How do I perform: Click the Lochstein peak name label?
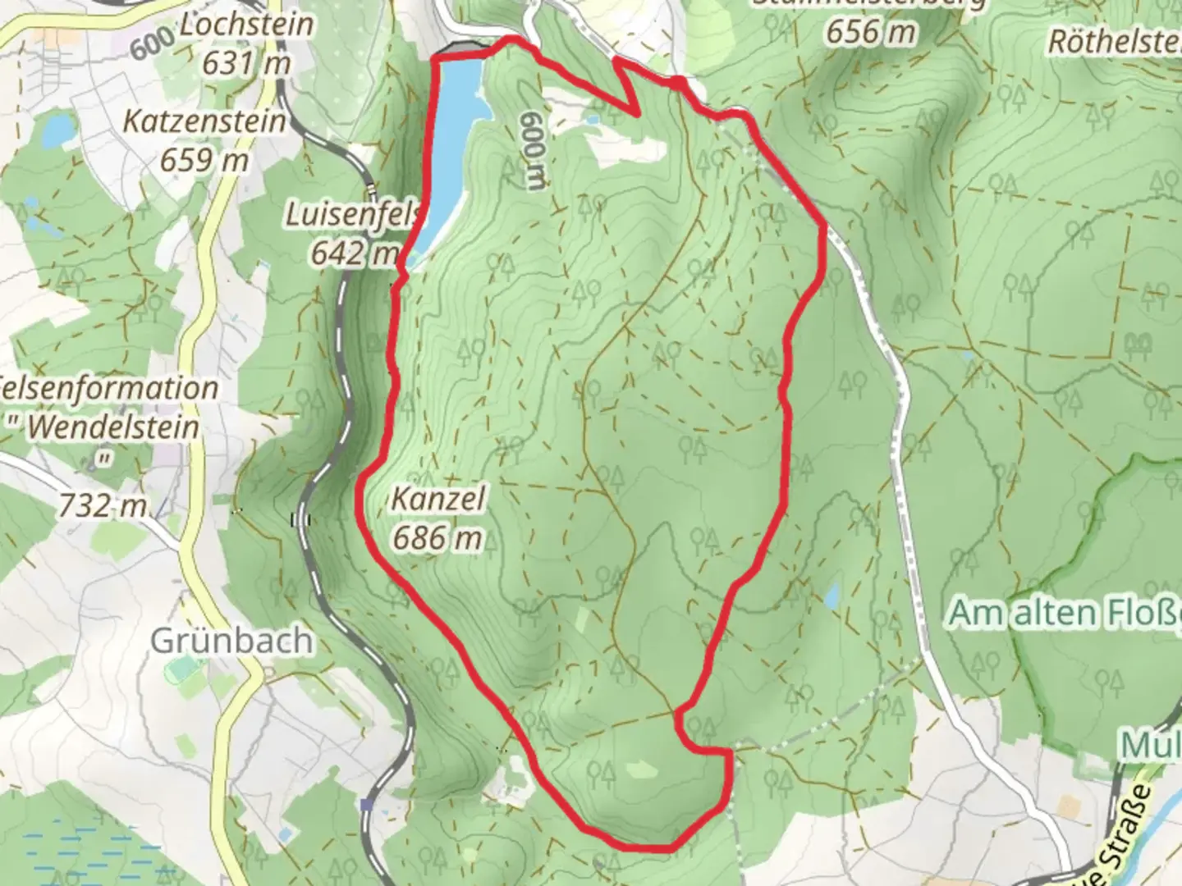tap(246, 25)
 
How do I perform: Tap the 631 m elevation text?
tap(246, 62)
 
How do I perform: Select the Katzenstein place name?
tap(204, 121)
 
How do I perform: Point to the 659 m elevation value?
tap(204, 159)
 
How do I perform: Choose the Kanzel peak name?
tap(438, 498)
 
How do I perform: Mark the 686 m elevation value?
tap(438, 537)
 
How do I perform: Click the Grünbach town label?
tap(231, 641)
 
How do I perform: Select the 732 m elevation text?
tap(103, 506)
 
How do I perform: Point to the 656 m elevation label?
tap(870, 33)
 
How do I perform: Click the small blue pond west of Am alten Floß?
tap(831, 596)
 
